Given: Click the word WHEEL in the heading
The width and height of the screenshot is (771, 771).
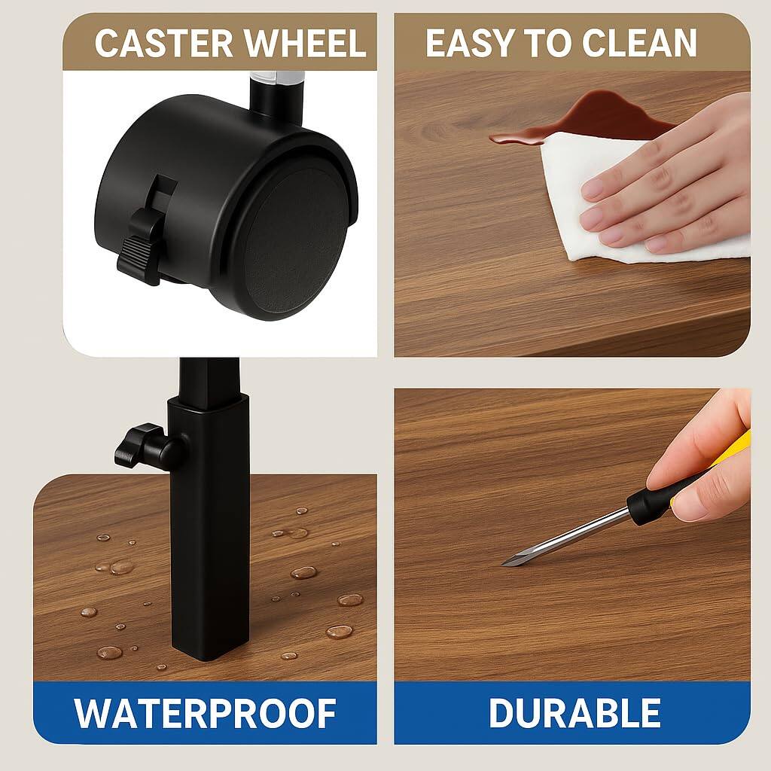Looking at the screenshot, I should [315, 44].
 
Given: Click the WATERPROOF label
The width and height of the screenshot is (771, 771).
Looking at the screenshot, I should [205, 713].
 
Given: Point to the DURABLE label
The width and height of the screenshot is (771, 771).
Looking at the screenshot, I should [574, 713].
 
